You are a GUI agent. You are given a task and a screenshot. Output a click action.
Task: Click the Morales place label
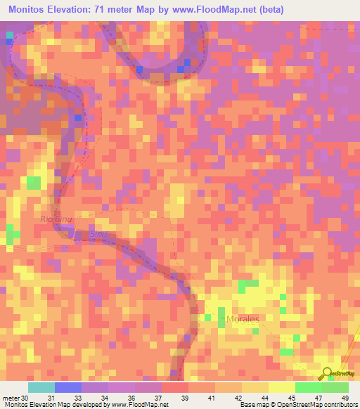click(243, 319)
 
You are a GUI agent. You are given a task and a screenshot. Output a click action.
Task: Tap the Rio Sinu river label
click(56, 220)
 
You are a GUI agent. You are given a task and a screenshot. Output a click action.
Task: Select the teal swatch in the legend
click(41, 387)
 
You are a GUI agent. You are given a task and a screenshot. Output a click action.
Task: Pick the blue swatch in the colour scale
click(67, 387)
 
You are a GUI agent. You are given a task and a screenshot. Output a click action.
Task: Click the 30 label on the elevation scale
click(25, 398)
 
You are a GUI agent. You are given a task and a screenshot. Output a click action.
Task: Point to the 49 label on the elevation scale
click(344, 398)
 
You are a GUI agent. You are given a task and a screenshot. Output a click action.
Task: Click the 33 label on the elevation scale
click(78, 398)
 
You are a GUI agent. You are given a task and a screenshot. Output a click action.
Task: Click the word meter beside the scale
click(10, 398)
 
